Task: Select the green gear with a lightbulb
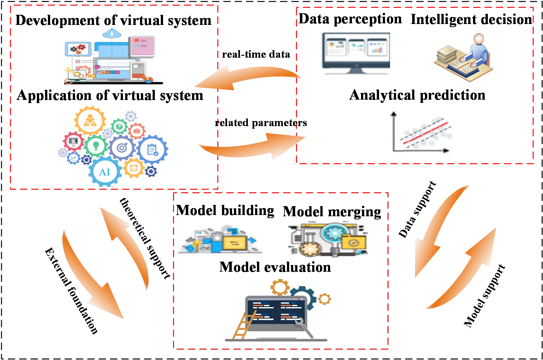pos(96,146)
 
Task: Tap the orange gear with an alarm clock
pos(134,168)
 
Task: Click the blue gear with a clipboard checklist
pos(153,150)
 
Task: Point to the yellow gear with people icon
pos(90,120)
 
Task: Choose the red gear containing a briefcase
pos(137,131)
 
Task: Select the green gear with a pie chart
pos(119,127)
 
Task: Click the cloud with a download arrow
pos(112,33)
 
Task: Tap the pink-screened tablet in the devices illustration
pos(142,46)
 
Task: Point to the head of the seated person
pos(479,39)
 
